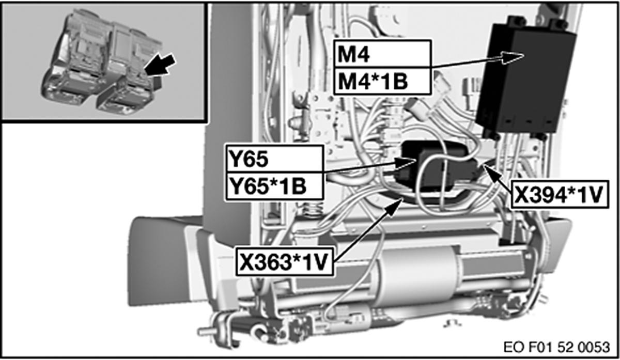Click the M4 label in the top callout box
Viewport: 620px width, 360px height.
tap(353, 54)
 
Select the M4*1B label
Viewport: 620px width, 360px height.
tap(373, 82)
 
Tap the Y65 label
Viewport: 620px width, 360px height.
tap(249, 159)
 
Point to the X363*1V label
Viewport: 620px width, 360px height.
tap(284, 262)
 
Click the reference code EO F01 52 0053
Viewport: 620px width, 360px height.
tap(556, 347)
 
